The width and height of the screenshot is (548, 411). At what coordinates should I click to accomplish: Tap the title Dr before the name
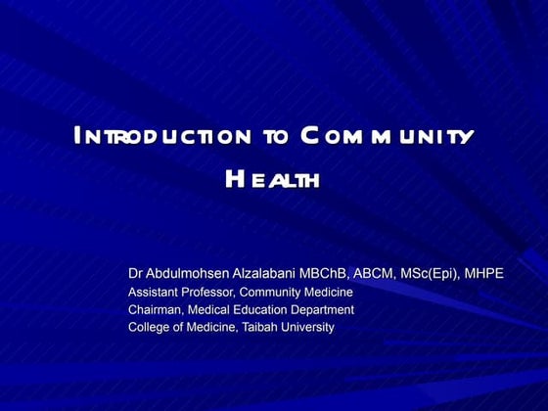pyautogui.click(x=137, y=273)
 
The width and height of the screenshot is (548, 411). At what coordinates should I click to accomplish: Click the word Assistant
pyautogui.click(x=155, y=292)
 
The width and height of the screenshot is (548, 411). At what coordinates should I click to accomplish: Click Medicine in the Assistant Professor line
pyautogui.click(x=326, y=292)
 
